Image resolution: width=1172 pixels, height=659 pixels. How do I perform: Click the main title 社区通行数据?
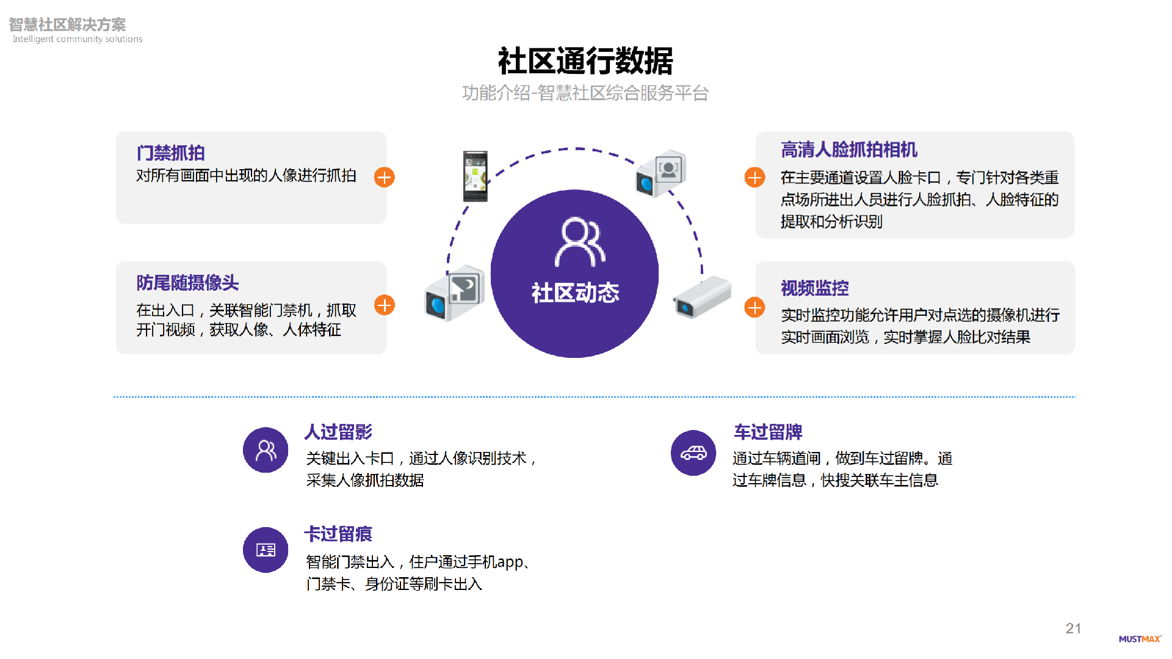coord(585,61)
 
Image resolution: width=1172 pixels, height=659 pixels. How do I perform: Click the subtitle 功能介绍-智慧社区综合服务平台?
coord(585,93)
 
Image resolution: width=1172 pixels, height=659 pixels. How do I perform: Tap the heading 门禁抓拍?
coord(170,153)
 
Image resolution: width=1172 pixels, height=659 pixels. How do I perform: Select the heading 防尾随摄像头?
coord(187,283)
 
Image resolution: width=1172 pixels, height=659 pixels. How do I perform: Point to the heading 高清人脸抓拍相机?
coord(848,150)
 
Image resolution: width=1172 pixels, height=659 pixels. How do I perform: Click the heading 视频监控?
coord(814,288)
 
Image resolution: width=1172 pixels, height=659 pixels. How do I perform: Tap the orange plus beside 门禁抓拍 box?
coord(385,178)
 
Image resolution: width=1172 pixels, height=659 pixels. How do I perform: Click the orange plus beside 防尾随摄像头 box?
coord(385,305)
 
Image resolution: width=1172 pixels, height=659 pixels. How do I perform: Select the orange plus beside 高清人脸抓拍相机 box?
coord(754,178)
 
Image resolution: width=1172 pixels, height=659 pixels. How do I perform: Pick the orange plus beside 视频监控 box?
coord(754,307)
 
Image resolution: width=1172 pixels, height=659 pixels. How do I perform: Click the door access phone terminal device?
coord(475,176)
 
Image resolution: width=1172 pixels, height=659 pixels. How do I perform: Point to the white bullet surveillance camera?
coord(702,297)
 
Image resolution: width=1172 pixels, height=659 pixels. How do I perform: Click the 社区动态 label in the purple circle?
coord(575,293)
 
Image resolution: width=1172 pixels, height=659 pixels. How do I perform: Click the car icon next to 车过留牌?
coord(693,453)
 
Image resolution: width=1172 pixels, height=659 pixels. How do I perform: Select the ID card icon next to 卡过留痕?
coord(266,550)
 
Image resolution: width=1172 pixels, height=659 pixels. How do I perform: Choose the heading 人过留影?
coord(338,432)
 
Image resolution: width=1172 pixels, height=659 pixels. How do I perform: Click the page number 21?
coord(1073,628)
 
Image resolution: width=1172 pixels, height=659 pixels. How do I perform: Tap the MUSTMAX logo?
coord(1139,639)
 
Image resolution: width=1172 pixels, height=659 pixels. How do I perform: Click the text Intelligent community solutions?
coord(78,39)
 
